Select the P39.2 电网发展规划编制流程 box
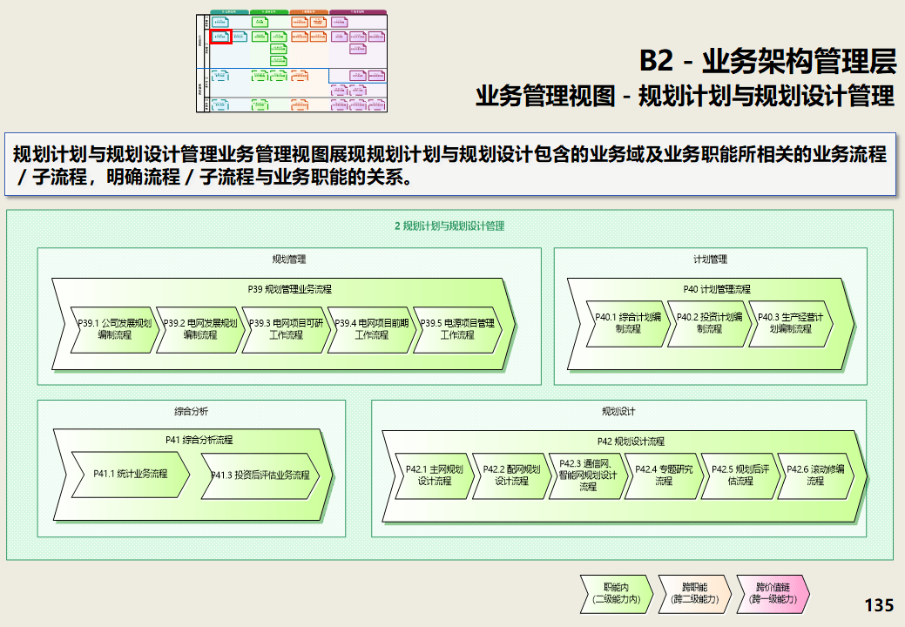[x=199, y=329]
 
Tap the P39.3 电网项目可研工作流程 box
[x=285, y=329]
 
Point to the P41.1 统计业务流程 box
[x=130, y=475]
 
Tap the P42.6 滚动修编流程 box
[x=814, y=475]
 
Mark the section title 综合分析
[x=191, y=411]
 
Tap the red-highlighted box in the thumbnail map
[x=219, y=37]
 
